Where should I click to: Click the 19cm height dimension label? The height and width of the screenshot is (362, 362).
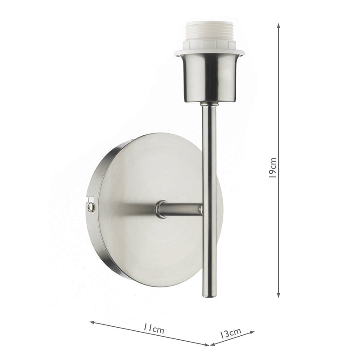272,168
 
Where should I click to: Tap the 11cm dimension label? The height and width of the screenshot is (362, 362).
152,329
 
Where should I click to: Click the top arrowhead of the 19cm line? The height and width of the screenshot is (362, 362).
278,25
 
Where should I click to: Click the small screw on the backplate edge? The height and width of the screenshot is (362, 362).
91,207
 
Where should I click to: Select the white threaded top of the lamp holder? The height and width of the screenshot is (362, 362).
209,34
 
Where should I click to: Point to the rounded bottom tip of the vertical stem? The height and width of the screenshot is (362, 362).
209,295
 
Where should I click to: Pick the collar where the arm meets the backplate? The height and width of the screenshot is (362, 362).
160,210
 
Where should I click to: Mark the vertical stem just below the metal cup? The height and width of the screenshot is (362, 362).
209,113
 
